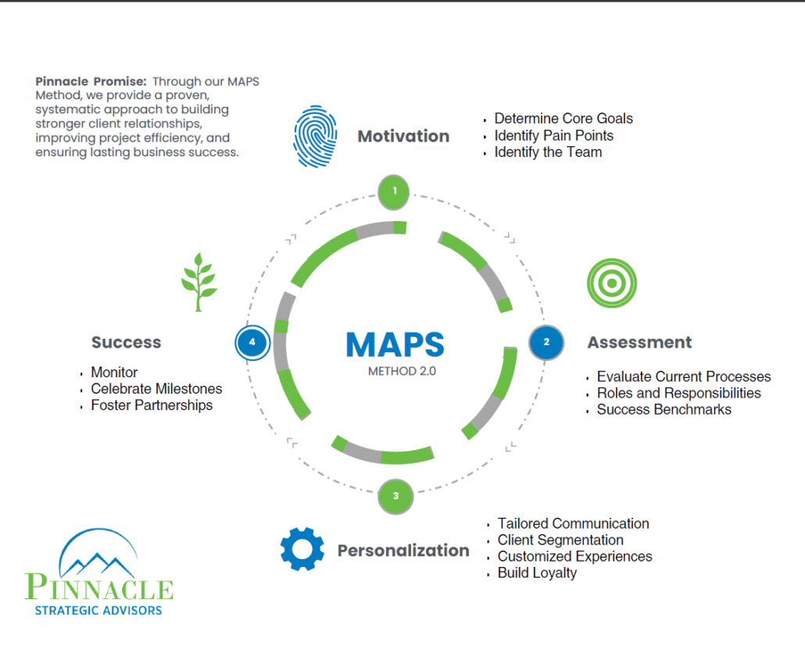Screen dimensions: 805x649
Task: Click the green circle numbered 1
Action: coord(394,192)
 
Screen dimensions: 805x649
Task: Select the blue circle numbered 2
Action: coord(546,342)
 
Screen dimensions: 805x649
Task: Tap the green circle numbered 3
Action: coord(395,496)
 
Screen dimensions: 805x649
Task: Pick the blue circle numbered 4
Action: coord(252,342)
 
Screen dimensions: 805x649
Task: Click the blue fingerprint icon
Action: coord(315,137)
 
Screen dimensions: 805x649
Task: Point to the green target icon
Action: coord(611,283)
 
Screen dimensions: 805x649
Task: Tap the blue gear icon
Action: coord(302,548)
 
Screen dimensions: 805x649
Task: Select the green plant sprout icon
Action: coord(199,282)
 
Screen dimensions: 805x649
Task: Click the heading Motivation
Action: coord(403,137)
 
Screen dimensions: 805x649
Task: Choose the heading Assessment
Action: coord(639,342)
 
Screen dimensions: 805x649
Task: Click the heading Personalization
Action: coord(403,551)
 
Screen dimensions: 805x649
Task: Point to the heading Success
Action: coord(127,342)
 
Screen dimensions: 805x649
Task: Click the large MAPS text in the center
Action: coord(395,344)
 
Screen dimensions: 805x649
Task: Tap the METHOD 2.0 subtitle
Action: coord(402,372)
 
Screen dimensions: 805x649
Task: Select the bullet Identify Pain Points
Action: coord(554,135)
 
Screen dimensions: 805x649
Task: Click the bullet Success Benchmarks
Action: coord(664,409)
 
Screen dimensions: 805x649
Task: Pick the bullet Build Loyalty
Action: coord(537,573)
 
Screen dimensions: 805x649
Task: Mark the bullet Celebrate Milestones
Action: coord(156,389)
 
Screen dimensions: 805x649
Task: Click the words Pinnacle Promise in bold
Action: coord(91,81)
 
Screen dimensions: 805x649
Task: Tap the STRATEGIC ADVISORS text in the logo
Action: coord(98,611)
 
